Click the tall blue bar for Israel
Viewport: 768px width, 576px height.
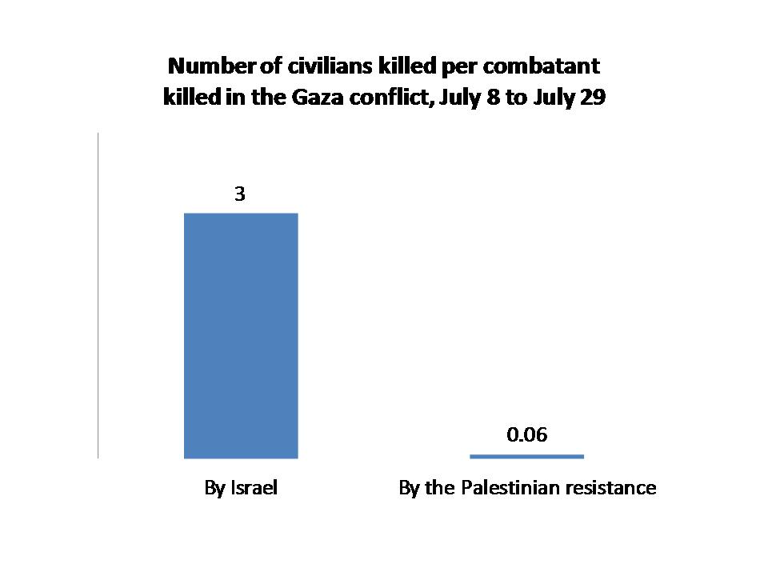241,335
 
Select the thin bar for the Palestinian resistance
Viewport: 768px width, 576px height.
526,456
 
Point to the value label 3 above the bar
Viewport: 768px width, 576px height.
239,194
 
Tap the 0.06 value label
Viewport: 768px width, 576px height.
527,435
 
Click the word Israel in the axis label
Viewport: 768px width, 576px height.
254,488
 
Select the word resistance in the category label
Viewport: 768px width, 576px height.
616,488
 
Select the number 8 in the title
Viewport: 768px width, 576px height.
498,98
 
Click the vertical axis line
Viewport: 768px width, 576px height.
98,296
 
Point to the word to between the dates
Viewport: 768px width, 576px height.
522,98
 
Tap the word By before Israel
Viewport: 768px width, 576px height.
214,488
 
